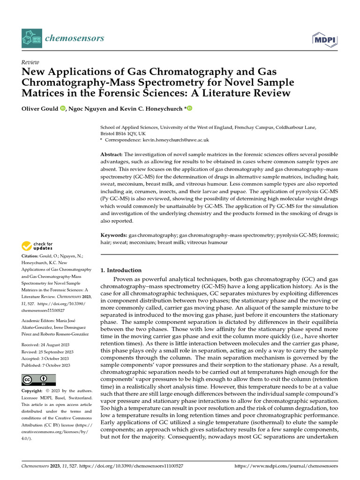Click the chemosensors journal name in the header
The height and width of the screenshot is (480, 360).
pyautogui.click(x=74, y=38)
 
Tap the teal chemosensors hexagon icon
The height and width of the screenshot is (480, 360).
pyautogui.click(x=31, y=38)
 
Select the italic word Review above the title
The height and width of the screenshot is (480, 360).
pyautogui.click(x=30, y=62)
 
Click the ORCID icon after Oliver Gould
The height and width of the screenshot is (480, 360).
pyautogui.click(x=63, y=109)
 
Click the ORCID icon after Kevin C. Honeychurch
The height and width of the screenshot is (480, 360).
pyautogui.click(x=189, y=109)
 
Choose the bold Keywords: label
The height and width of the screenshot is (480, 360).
pyautogui.click(x=114, y=235)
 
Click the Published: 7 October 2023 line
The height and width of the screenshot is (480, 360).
pyautogui.click(x=46, y=365)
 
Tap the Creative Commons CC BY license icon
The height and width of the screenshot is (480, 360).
pyautogui.click(x=38, y=380)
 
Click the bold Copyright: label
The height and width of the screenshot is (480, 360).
pyautogui.click(x=35, y=391)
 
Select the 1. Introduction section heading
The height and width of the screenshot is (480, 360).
pyautogui.click(x=121, y=270)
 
